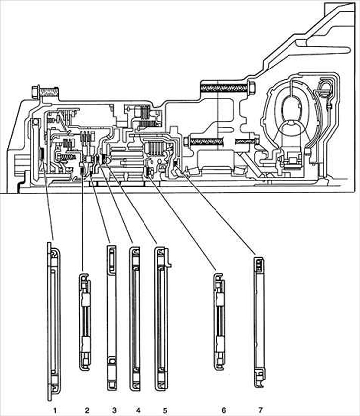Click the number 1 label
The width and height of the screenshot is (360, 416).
tap(55, 410)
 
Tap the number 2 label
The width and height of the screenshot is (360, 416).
tap(87, 410)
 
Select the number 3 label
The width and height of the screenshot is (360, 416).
tap(114, 410)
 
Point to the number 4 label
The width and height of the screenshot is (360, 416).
tap(138, 410)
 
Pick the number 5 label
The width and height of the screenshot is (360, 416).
tap(165, 410)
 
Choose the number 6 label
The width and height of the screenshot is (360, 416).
tap(224, 410)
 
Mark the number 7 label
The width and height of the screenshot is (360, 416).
tap(260, 410)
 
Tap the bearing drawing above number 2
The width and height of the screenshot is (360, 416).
tap(85, 321)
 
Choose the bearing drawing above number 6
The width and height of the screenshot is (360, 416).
tap(219, 321)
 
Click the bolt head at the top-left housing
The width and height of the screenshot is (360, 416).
tap(36, 92)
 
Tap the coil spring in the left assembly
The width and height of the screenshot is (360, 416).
tap(68, 158)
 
